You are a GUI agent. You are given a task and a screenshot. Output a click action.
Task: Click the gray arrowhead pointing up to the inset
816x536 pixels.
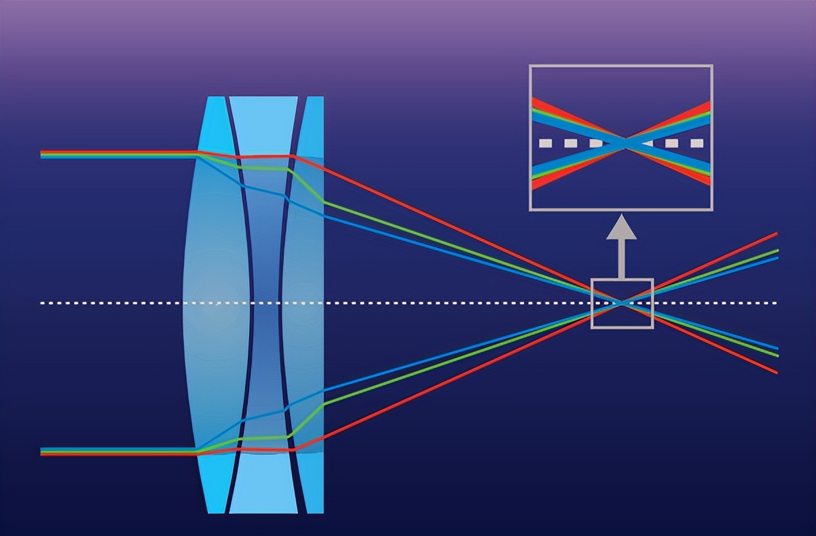[x=621, y=228]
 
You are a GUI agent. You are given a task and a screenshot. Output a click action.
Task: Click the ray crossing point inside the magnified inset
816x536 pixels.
[x=625, y=144]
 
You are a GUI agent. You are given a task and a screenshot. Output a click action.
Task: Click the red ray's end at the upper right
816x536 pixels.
[x=775, y=234]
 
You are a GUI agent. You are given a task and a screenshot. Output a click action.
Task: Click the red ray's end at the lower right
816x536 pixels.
[x=775, y=373]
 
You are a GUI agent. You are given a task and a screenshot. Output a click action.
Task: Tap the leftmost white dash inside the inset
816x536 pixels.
[x=545, y=143]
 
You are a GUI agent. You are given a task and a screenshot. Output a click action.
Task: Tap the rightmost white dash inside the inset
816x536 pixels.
[x=697, y=143]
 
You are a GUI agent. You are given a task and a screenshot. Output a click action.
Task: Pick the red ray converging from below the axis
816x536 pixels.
[x=464, y=370]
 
